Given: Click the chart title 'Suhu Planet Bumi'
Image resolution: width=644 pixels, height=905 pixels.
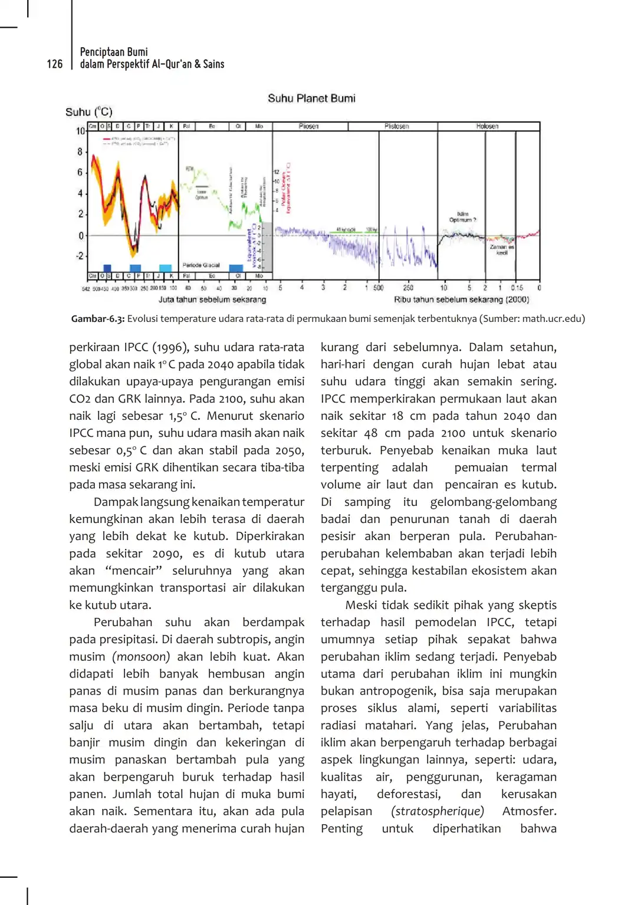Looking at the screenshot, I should pos(311,98).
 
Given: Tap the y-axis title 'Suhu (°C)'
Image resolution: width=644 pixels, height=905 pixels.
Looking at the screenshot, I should pos(88,112).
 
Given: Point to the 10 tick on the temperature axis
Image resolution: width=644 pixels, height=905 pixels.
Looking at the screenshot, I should pos(81,131).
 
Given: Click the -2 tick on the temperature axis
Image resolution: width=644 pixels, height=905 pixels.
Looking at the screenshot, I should pos(80,256).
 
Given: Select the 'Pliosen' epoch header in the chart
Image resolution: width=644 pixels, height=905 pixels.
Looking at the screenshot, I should pos(308,126).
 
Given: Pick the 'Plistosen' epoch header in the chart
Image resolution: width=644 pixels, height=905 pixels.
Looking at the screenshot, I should pos(396,126).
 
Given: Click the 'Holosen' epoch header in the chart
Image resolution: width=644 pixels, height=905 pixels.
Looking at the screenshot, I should pos(487,126).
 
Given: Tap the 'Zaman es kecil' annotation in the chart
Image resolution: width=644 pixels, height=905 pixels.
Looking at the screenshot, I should pos(502,249).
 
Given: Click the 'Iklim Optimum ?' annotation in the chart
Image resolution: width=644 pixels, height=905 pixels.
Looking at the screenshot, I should pos(462,217).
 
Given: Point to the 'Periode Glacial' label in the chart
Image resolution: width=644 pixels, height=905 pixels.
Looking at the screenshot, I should pos(201,265).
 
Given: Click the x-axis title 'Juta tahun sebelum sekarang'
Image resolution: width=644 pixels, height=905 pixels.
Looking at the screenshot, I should pos(212,300).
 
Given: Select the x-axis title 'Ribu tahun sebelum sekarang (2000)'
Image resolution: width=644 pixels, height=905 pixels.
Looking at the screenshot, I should pos(461,300).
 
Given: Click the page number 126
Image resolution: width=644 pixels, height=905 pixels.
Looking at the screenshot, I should pos(55,64).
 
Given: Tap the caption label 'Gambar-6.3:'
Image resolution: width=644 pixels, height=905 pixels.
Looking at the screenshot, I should pos(98,318).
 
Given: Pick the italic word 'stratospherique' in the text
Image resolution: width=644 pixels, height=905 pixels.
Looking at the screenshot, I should pos(438,811).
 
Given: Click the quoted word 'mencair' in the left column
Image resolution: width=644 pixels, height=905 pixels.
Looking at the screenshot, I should pos(133,571).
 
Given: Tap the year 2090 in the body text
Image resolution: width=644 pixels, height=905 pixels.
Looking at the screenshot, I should pos(167,554).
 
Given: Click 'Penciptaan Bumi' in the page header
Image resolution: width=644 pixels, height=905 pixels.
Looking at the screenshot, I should pos(114,52).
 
